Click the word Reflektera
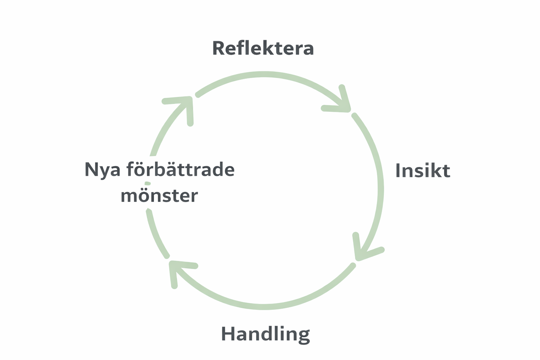[x=263, y=49]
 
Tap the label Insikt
[x=423, y=171]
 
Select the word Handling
[x=265, y=334]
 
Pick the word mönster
[x=159, y=195]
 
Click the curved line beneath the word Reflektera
[x=264, y=74]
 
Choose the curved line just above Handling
[x=264, y=307]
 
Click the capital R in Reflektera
[x=219, y=49]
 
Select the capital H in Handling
[x=228, y=334]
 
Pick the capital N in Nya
[x=91, y=169]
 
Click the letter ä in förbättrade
[x=190, y=169]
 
